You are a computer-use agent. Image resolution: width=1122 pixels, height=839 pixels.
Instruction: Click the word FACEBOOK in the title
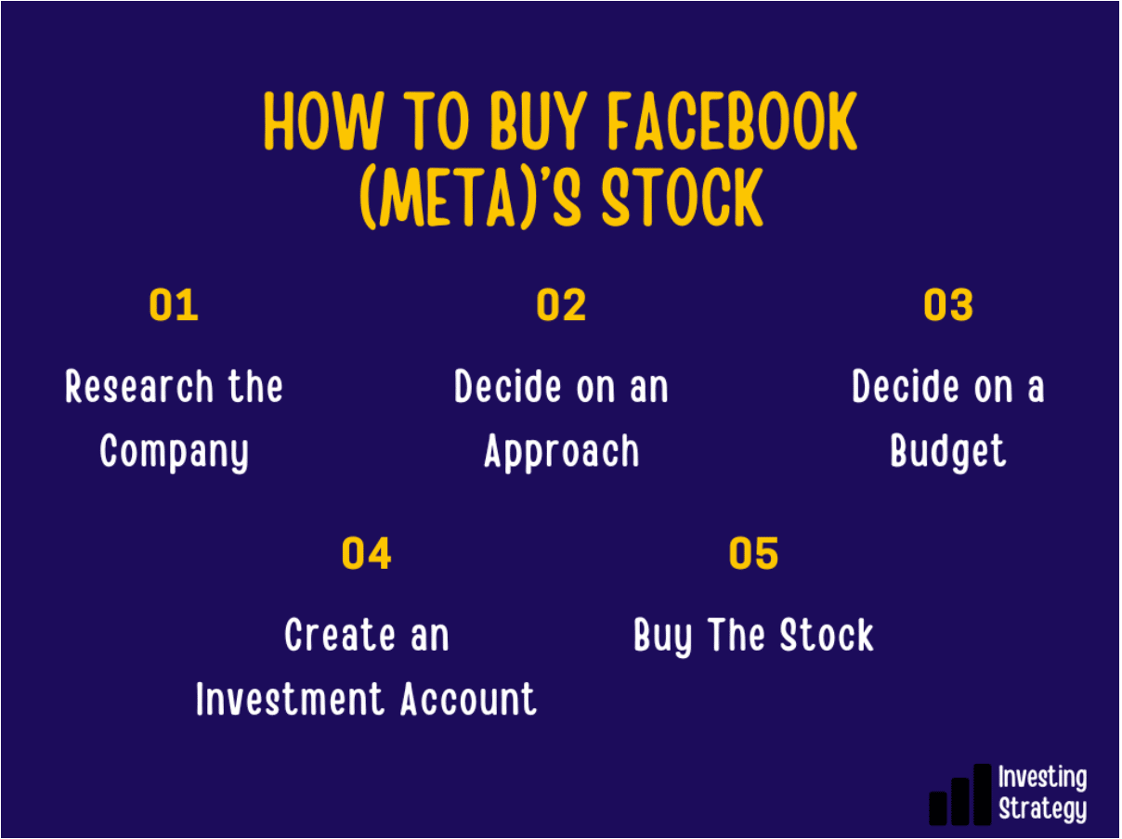(x=733, y=121)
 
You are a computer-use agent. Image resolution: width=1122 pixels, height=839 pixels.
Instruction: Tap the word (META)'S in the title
(x=470, y=197)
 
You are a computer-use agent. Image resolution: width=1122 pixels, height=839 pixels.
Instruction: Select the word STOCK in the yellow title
(x=683, y=197)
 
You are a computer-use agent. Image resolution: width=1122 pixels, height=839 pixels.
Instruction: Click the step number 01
(x=174, y=304)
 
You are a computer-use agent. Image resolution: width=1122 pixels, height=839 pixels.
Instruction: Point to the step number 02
(x=561, y=304)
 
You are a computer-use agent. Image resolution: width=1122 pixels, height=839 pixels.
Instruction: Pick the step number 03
(x=948, y=304)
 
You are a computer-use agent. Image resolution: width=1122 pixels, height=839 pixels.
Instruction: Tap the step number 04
(x=367, y=553)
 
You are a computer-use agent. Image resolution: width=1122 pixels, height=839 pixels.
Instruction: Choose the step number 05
(x=753, y=553)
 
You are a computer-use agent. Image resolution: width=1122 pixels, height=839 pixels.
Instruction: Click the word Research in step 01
(x=138, y=387)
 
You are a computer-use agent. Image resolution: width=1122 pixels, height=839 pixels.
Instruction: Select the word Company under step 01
(x=174, y=453)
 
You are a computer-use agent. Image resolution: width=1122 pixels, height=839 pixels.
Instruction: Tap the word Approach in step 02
(x=562, y=453)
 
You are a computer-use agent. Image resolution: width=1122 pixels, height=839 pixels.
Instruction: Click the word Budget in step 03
(x=948, y=452)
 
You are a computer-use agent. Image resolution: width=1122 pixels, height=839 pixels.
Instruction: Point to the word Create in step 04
(x=339, y=635)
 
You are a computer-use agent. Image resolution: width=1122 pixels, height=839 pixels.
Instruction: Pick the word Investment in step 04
(x=290, y=699)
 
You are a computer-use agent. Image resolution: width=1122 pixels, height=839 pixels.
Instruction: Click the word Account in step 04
(x=468, y=699)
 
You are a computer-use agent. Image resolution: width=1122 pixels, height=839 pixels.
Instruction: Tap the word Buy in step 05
(x=662, y=637)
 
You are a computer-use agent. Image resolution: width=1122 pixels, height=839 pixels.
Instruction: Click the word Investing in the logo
(x=1042, y=779)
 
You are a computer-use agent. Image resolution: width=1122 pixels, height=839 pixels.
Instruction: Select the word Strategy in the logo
(x=1042, y=809)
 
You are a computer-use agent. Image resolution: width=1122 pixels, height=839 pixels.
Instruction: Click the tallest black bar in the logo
(x=983, y=794)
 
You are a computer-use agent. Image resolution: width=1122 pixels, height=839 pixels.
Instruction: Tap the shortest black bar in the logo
(x=938, y=807)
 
